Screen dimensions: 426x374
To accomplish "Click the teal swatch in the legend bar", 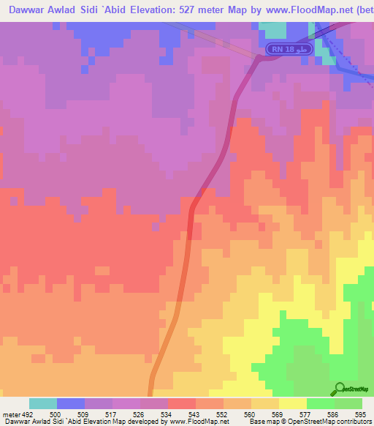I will [43, 404].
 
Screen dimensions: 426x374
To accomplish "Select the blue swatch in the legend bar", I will [71, 404].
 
